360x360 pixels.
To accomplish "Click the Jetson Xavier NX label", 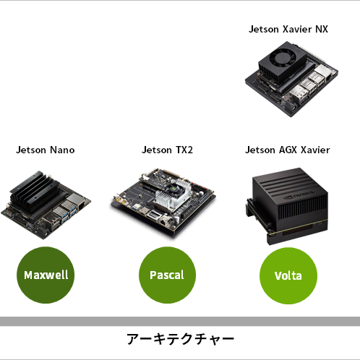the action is [288, 29].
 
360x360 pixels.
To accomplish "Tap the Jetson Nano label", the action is [46, 150].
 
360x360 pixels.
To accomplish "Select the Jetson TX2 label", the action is [167, 150].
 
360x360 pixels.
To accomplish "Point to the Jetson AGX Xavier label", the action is [288, 150].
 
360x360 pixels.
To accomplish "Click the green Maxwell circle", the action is [46, 275].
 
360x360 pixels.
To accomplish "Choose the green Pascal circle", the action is [167, 275].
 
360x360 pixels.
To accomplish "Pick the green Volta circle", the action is [288, 275].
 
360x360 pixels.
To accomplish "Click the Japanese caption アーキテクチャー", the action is [180, 339].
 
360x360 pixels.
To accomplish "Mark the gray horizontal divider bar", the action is [180, 322].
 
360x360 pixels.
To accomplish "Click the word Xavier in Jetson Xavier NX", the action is [297, 29].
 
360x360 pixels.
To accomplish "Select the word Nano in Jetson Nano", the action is [62, 150].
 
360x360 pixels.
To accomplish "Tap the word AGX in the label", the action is [288, 150].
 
